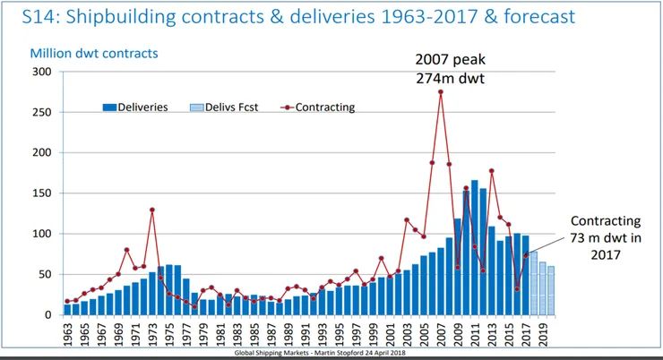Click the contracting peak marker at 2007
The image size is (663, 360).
click(x=440, y=91)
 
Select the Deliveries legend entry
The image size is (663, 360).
click(x=135, y=107)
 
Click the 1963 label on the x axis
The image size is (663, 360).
click(x=67, y=335)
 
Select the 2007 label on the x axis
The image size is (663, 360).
click(x=440, y=335)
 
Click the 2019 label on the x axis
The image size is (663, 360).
click(x=542, y=335)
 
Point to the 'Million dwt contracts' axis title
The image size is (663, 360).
click(x=94, y=54)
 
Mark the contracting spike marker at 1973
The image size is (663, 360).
click(x=152, y=210)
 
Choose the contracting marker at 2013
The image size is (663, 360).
click(x=491, y=170)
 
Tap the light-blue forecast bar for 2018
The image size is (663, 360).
click(x=533, y=283)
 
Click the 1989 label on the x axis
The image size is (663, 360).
click(x=288, y=335)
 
